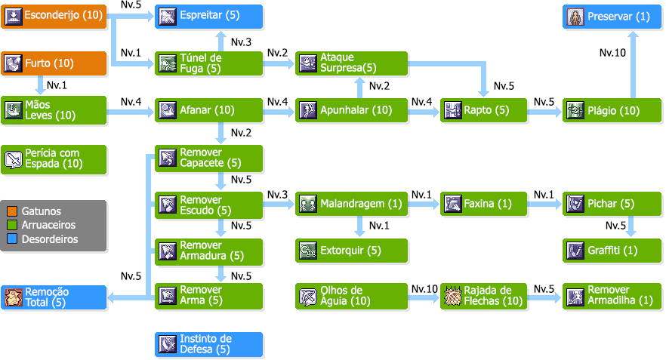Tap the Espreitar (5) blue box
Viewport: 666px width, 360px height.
coord(209,16)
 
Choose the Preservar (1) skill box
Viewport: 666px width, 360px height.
coord(612,16)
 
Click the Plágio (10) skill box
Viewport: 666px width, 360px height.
coord(612,111)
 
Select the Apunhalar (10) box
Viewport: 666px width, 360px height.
coord(351,111)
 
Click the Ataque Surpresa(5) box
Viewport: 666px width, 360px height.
coord(351,63)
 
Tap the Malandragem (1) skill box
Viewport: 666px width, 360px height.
coord(351,204)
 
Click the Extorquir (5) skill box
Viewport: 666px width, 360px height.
coord(351,251)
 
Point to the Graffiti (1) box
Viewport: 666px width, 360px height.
coord(612,251)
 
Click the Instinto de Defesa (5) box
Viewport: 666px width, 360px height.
coord(209,344)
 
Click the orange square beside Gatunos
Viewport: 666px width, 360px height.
coord(11,211)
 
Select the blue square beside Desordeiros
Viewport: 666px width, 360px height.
coord(11,239)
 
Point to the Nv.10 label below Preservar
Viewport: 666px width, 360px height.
coord(612,54)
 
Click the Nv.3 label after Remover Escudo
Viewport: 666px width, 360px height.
coord(277,195)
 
